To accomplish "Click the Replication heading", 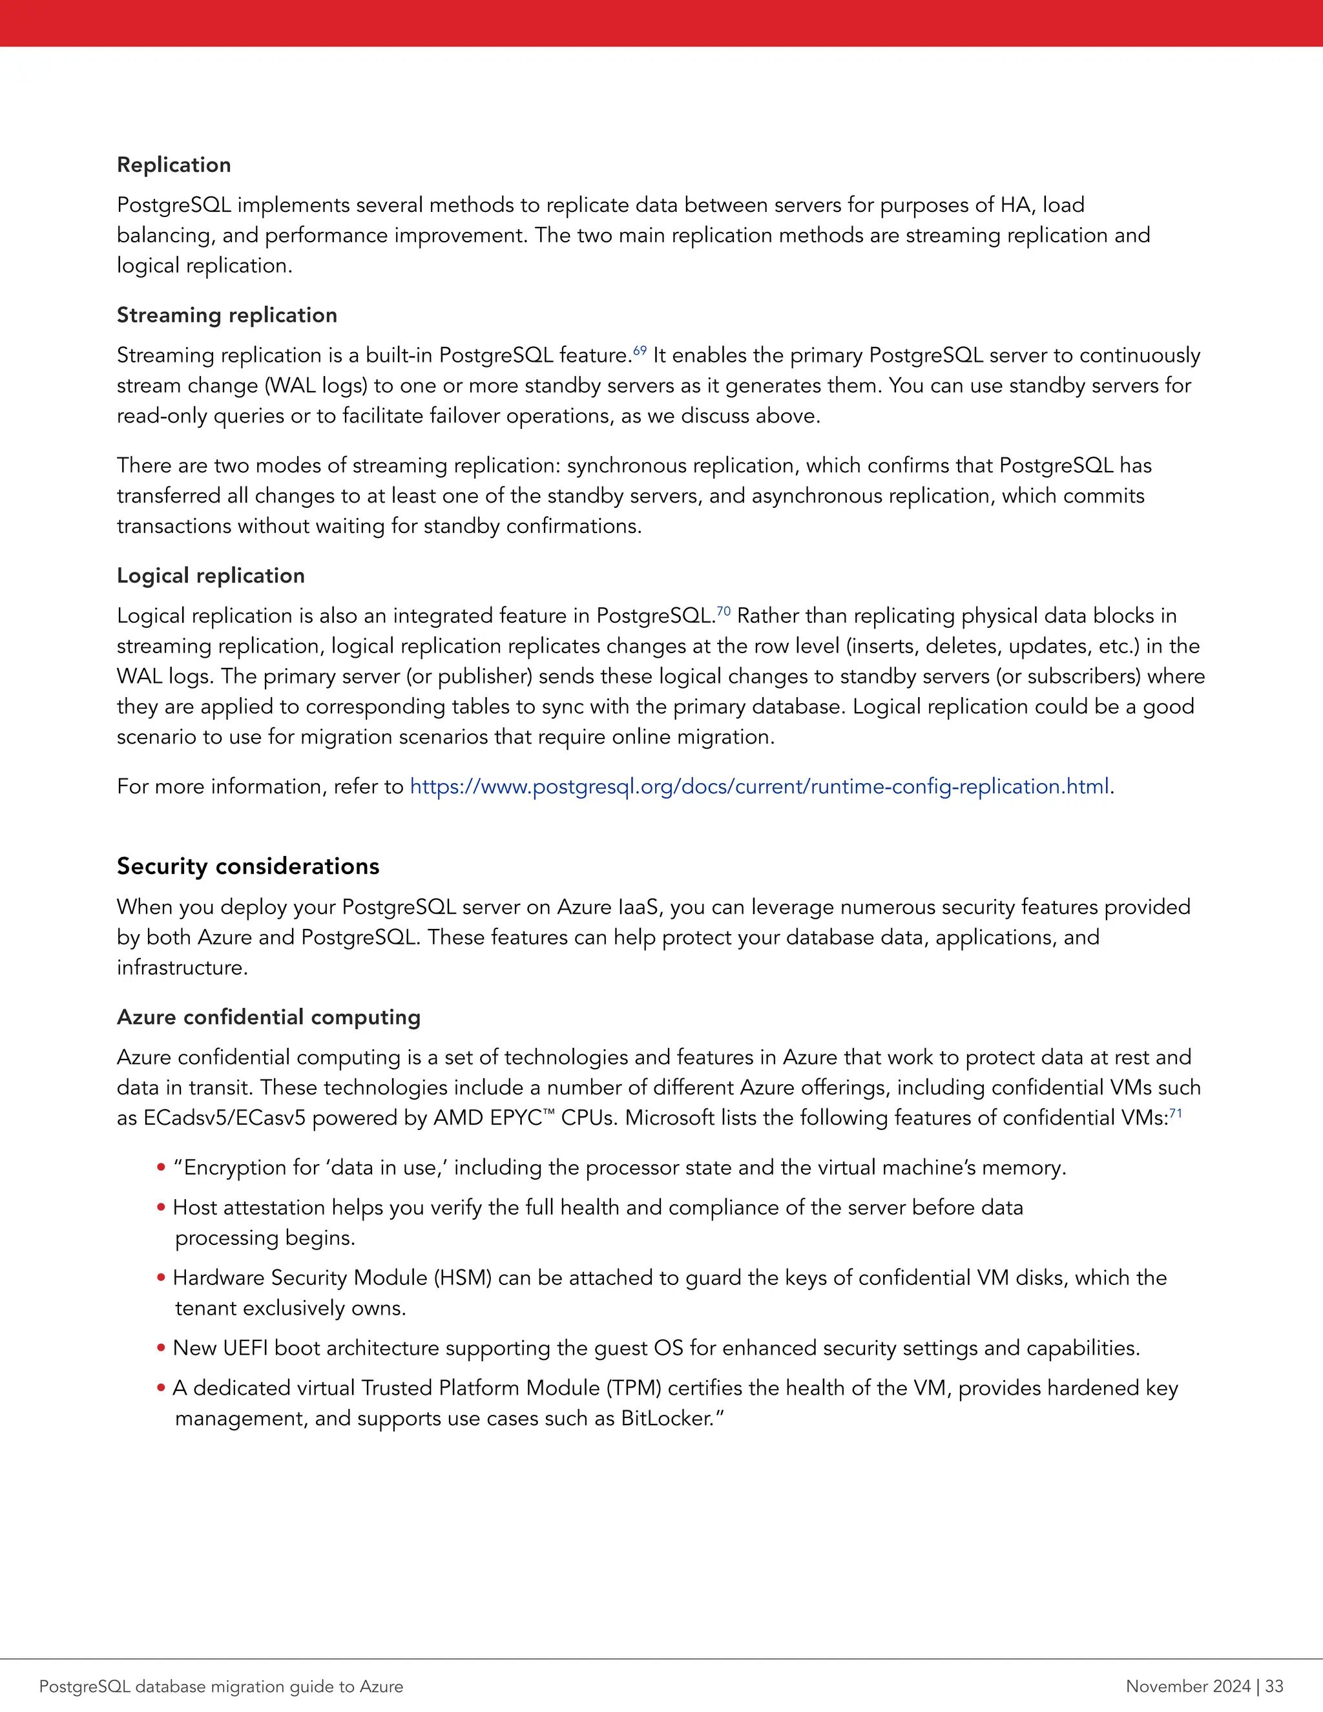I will click(174, 165).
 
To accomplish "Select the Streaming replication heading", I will click(227, 315).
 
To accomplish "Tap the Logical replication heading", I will click(210, 576).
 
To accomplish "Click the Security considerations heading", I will click(247, 866).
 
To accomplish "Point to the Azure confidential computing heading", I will click(268, 1017).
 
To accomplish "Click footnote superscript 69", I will click(640, 350).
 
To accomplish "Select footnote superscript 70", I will click(724, 611).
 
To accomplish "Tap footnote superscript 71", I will click(1176, 1113).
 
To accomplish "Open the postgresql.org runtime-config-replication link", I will click(758, 786).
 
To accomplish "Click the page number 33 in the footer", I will click(1274, 1686).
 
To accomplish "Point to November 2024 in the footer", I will click(1187, 1686).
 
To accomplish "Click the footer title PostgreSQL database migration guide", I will click(221, 1686).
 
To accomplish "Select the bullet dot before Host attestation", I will click(161, 1208).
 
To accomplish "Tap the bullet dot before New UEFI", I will click(161, 1348).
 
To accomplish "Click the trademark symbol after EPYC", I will click(550, 1113).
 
